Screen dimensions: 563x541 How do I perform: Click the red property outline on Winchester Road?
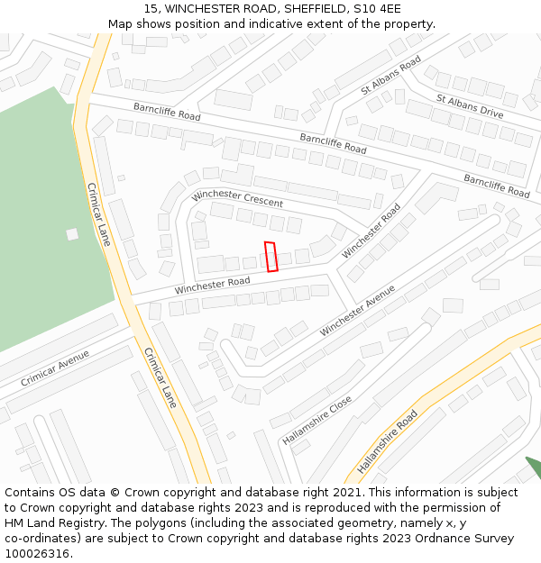coord(270,257)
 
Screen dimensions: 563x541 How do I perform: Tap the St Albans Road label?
coord(390,76)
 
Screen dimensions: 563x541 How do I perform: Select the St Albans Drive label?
coord(470,106)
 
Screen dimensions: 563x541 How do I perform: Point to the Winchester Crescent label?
coord(237,198)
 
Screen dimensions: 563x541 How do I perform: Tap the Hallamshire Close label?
coord(316,419)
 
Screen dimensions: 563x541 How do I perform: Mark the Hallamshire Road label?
coord(388,442)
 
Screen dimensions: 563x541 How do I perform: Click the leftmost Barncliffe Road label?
coord(167,112)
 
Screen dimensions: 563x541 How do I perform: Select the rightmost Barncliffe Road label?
coord(497,186)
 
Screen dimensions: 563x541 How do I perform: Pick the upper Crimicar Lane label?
coord(98,214)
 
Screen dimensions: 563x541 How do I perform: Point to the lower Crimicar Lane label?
coord(160,377)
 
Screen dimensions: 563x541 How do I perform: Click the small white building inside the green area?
coord(72,234)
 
